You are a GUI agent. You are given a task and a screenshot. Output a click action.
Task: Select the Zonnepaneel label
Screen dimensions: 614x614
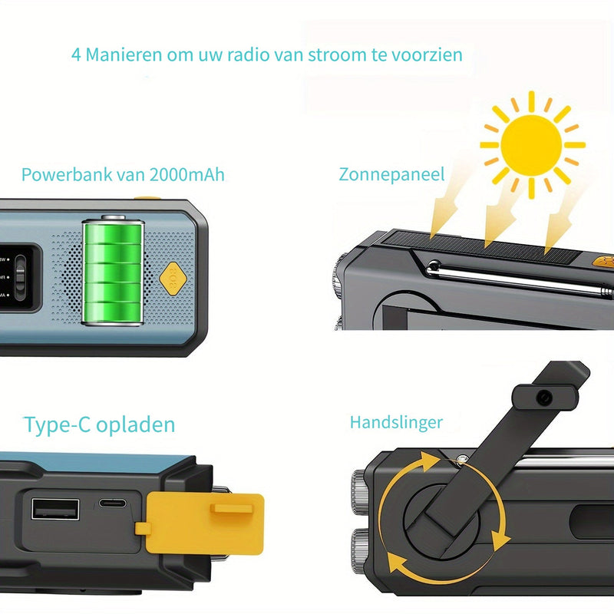tap(391, 174)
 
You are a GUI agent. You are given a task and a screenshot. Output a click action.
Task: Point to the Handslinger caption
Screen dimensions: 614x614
tap(396, 421)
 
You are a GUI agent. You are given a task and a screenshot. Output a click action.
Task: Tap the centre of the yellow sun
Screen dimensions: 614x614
tap(532, 144)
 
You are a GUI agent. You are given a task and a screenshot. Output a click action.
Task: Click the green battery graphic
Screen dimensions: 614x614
tap(112, 270)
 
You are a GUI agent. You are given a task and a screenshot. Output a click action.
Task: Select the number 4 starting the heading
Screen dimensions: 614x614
tap(76, 55)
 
